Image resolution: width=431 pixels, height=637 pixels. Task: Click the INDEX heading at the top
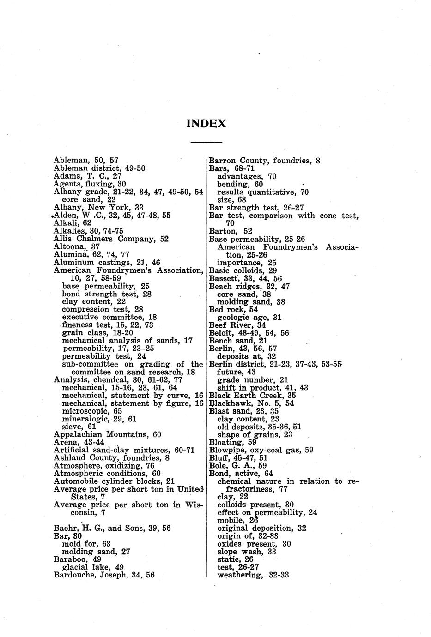coord(206,124)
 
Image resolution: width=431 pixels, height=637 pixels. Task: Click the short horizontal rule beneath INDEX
coord(206,142)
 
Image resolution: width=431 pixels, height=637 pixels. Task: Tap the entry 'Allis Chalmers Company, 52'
coord(111,239)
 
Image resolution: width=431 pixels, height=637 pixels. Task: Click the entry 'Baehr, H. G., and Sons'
coord(112,528)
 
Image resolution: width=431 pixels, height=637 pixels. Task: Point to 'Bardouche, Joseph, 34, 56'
coord(104,575)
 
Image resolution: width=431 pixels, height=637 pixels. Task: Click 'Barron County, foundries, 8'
coord(264,161)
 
